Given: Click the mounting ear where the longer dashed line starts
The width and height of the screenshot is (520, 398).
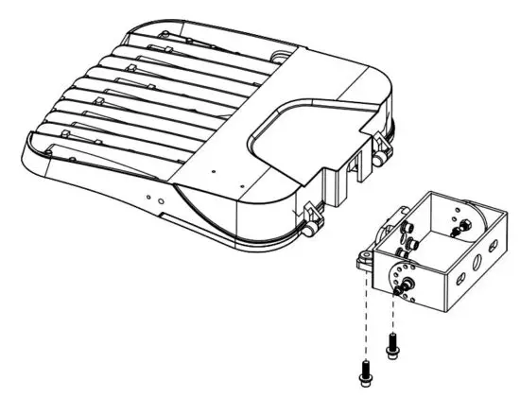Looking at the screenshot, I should click(x=363, y=258).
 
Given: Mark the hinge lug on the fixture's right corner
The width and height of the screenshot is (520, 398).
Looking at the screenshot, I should click(x=383, y=147).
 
